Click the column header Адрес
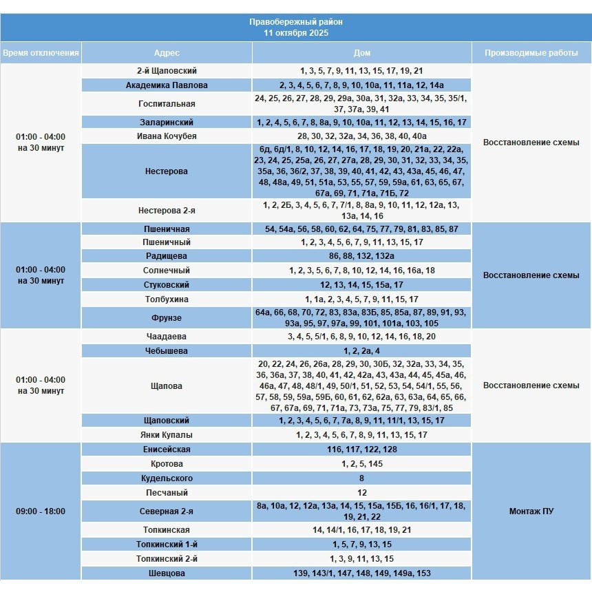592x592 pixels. point(167,53)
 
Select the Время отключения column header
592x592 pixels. point(41,53)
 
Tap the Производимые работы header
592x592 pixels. point(531,53)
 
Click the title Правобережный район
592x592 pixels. point(296,22)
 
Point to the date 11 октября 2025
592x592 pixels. point(296,32)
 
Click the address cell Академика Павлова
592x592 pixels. point(167,85)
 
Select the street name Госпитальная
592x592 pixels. point(167,104)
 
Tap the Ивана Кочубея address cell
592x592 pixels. point(167,136)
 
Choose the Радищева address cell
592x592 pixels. point(167,255)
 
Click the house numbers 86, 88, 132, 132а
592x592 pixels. point(361,255)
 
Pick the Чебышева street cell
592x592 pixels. point(167,351)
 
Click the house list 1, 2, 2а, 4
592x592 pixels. point(361,351)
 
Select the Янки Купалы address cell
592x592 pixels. point(167,435)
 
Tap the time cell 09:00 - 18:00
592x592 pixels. point(41,511)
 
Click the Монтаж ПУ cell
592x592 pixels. point(531,511)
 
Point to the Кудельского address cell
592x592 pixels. point(167,478)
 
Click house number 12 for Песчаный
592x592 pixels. point(361,493)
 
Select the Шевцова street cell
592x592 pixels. point(167,573)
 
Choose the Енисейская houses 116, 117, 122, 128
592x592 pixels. point(361,450)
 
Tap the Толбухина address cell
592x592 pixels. point(167,299)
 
